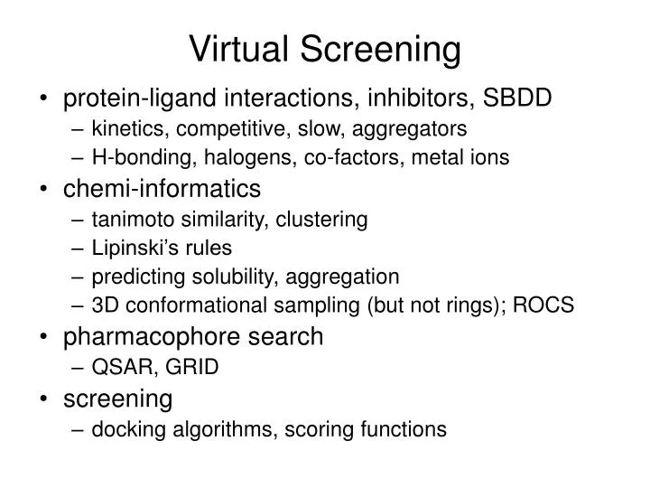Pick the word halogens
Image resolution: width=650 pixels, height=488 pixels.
pyautogui.click(x=241, y=158)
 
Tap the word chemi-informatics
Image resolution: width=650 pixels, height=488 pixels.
pyautogui.click(x=161, y=189)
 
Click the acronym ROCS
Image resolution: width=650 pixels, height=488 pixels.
pyautogui.click(x=544, y=305)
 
